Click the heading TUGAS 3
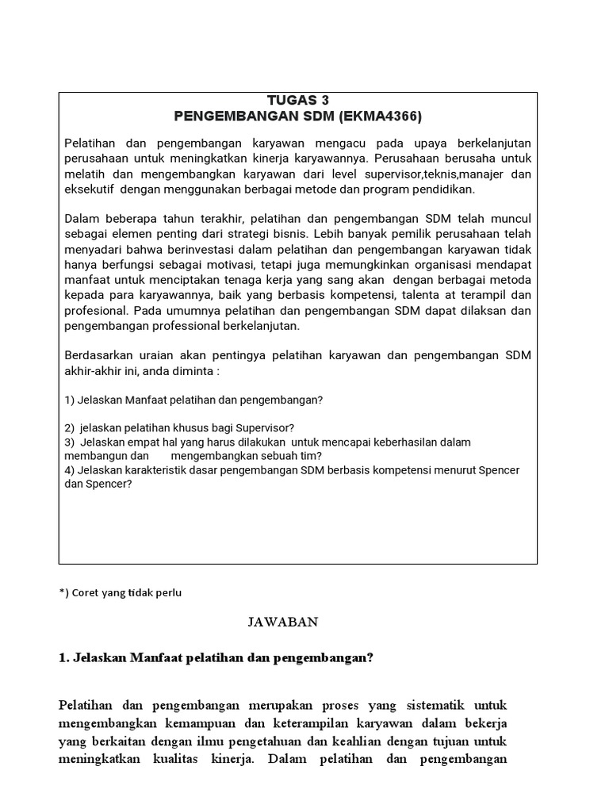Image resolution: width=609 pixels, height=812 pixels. (297, 100)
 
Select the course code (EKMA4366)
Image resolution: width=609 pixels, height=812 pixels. (381, 117)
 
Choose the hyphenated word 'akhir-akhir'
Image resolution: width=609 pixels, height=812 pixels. (93, 372)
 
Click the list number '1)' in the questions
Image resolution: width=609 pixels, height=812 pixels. (70, 400)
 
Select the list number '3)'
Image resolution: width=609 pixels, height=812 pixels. (70, 442)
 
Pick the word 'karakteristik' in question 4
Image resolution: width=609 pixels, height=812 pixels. (155, 470)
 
